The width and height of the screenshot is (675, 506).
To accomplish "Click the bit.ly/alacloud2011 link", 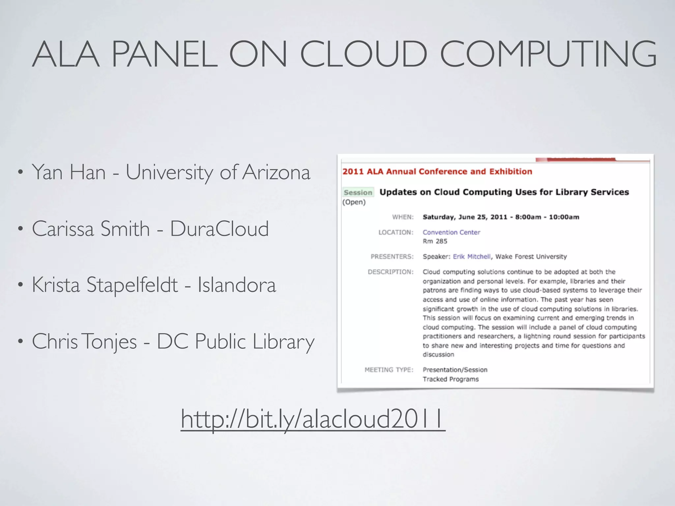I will pos(313,419).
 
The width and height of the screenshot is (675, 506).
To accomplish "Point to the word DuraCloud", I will pos(220,229).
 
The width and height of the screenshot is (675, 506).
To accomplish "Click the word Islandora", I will pos(237,285).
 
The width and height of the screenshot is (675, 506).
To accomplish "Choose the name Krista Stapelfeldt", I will pos(105,285).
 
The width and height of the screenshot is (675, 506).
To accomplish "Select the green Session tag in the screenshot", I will pos(358,192).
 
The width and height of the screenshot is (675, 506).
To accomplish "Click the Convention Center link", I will pos(451,232).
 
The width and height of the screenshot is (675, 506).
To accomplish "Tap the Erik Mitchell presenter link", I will pos(472,257).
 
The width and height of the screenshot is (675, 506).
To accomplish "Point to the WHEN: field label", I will pos(403,217).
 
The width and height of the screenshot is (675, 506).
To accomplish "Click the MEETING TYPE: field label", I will pos(389,370).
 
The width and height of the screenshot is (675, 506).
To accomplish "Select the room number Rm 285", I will pos(435,241).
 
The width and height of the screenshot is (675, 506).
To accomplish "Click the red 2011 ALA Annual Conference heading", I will pos(437,172).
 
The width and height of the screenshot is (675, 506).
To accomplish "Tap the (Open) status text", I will pos(354,202).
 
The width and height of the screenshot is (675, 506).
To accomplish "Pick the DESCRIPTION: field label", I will pos(391,272).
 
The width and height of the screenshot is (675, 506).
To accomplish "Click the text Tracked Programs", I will pos(451,379).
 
